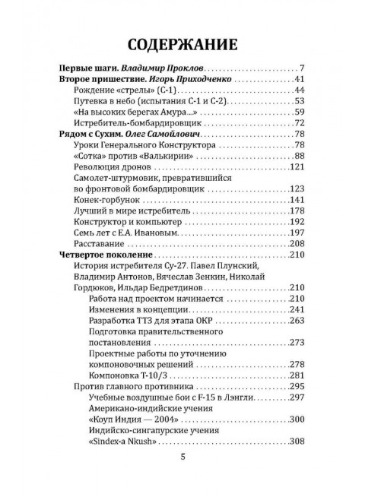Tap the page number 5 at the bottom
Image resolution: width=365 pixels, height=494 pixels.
182,457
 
